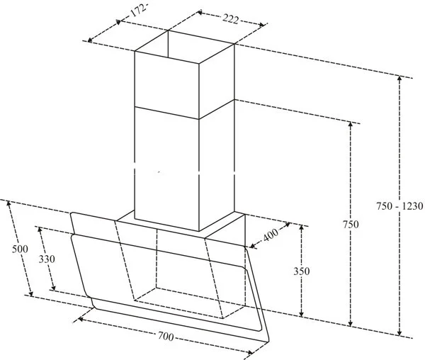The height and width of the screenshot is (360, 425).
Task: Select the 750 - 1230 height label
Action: pyautogui.click(x=400, y=206)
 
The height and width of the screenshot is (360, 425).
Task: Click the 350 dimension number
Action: pyautogui.click(x=301, y=270)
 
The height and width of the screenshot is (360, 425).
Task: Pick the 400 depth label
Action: pyautogui.click(x=271, y=236)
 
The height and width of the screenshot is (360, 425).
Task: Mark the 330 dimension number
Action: pyautogui.click(x=46, y=259)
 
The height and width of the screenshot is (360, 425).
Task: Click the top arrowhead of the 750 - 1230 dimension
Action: pyautogui.click(x=400, y=79)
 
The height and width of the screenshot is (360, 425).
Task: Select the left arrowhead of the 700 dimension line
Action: pyautogui.click(x=79, y=319)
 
